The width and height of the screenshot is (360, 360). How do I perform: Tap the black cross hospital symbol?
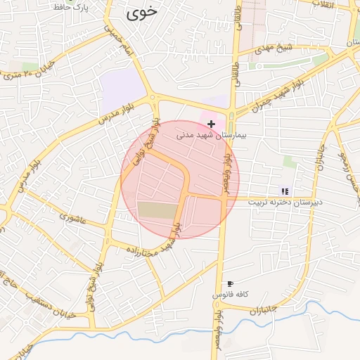pos(211,124)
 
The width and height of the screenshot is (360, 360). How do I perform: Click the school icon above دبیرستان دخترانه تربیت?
pos(285,191)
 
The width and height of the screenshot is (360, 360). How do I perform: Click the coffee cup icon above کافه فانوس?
pos(231,283)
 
